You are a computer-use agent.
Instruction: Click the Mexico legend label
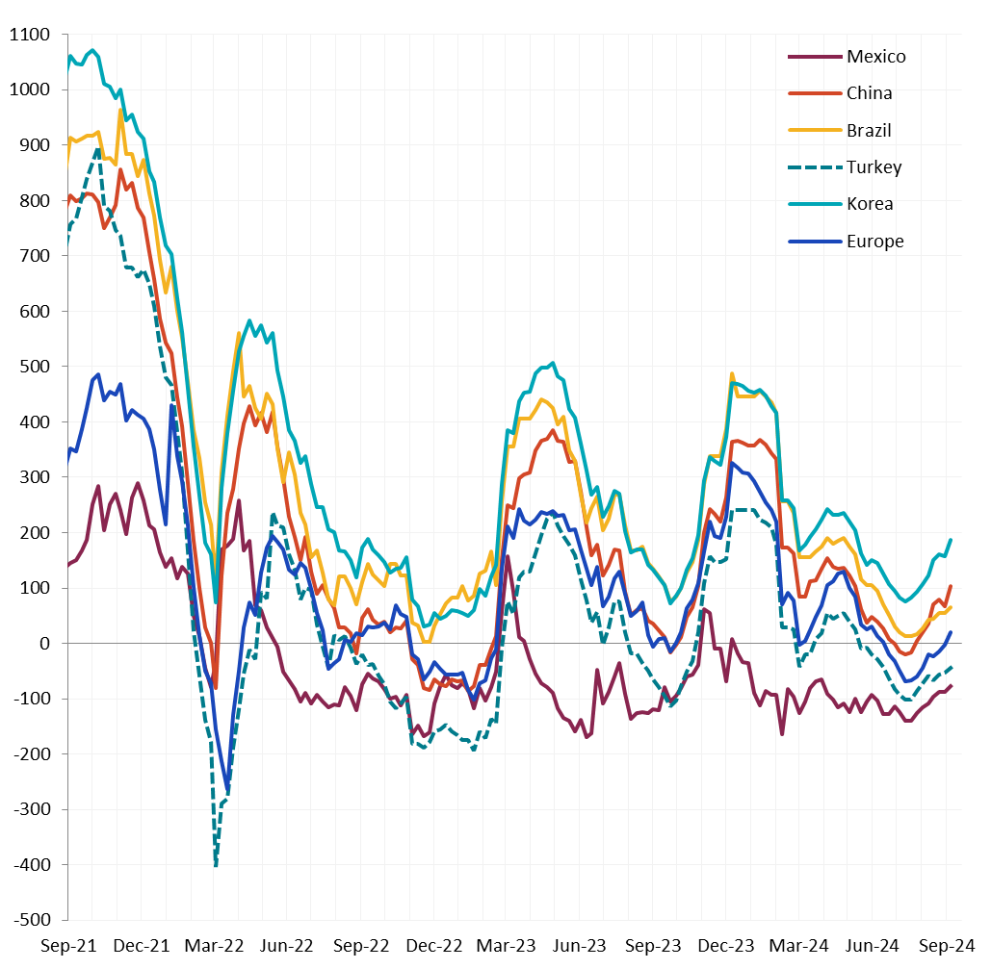pos(875,57)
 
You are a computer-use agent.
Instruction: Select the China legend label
pos(869,93)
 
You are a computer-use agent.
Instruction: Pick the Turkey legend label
pos(874,167)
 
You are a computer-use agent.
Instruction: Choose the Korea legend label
pos(870,204)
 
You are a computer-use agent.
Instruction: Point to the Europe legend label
pos(874,242)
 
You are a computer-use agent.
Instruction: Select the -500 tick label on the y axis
pos(32,919)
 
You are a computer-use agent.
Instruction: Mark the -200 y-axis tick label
pos(32,753)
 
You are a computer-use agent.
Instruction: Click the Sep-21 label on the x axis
pos(68,946)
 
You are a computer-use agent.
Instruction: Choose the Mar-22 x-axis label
pos(215,946)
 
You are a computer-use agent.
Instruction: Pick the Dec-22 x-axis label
pos(434,946)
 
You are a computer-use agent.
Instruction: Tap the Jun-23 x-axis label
pos(580,946)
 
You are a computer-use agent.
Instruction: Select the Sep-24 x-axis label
pos(945,946)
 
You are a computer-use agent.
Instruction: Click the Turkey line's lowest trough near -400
pos(216,865)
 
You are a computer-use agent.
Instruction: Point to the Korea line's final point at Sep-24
pos(951,540)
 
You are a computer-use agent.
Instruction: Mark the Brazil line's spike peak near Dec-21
pos(120,110)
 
